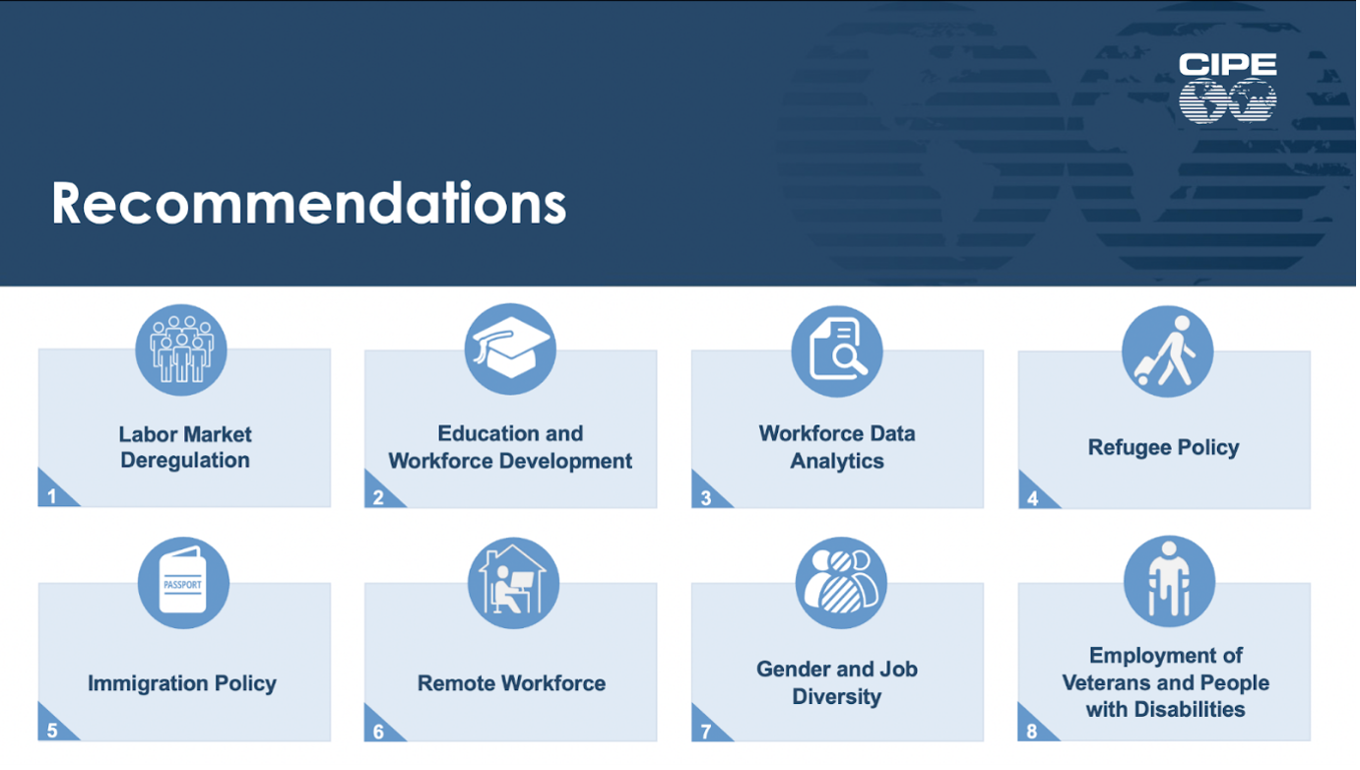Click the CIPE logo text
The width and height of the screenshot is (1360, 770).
[x=1227, y=64]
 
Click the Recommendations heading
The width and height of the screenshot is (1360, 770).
[x=309, y=203]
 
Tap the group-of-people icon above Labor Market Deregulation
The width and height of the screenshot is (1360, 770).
[x=181, y=350]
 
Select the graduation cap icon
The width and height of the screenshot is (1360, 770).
[x=510, y=350]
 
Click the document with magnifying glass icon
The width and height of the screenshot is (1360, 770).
[x=837, y=351]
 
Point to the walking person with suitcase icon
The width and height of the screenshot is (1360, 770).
[x=1167, y=351]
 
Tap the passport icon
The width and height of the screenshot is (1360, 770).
[x=183, y=583]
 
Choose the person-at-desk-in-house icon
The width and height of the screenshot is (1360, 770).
[x=513, y=583]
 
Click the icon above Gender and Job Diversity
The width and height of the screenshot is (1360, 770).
[x=841, y=583]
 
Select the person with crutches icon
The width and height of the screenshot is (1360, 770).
[x=1169, y=581]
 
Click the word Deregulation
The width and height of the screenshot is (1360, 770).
[x=185, y=460]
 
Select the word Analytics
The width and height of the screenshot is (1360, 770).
[x=837, y=461]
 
